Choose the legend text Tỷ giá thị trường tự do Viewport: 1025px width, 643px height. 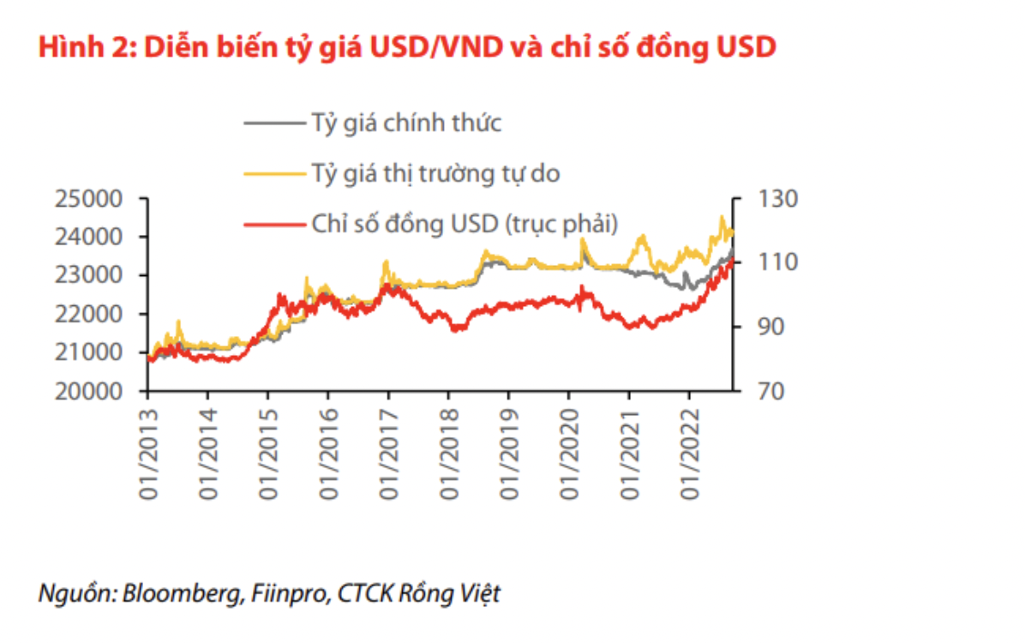tap(434, 173)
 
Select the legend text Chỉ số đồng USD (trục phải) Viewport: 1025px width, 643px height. tap(463, 224)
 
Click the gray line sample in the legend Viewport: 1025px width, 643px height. tap(273, 123)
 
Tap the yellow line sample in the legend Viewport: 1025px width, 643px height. tap(273, 173)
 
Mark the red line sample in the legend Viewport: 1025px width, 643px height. tap(273, 224)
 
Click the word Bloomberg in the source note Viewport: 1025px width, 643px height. tap(179, 593)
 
